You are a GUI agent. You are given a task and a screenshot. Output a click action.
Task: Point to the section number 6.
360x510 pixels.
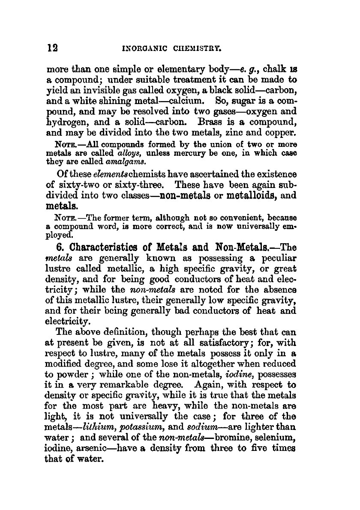pyautogui.click(x=60, y=248)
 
